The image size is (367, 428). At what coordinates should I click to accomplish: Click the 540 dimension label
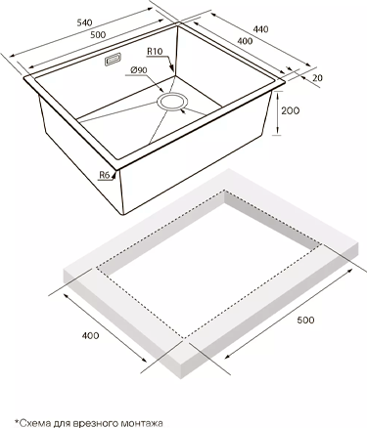click(x=84, y=22)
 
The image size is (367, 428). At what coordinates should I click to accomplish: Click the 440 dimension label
click(x=260, y=29)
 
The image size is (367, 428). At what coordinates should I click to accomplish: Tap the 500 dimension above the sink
click(x=98, y=34)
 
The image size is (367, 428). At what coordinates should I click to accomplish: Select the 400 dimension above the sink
click(x=245, y=41)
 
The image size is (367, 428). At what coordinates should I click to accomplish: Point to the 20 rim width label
click(x=317, y=78)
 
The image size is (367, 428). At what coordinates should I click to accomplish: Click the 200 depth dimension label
click(x=290, y=110)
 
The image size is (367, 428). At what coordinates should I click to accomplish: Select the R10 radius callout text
click(x=155, y=52)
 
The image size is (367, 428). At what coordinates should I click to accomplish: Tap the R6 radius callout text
click(x=104, y=175)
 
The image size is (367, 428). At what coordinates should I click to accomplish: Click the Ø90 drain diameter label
click(x=139, y=70)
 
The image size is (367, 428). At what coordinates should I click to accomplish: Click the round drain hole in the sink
click(x=172, y=102)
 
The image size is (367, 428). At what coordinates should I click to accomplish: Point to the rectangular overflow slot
click(x=113, y=60)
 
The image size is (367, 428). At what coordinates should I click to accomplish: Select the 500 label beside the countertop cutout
click(x=305, y=320)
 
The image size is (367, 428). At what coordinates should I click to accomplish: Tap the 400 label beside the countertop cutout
click(x=90, y=335)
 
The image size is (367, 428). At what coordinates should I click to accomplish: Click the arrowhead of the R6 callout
click(x=114, y=175)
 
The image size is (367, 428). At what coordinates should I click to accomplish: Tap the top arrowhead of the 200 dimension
click(x=278, y=95)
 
